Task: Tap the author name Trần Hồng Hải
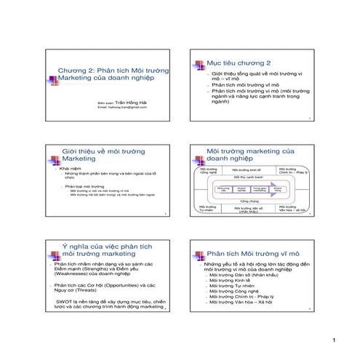pyautogui.click(x=132, y=103)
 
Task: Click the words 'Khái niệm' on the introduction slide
pyautogui.click(x=70, y=167)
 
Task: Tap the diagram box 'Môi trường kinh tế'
pyautogui.click(x=246, y=169)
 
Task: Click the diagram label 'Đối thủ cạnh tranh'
pyautogui.click(x=249, y=177)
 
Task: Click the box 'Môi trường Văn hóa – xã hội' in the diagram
pyautogui.click(x=292, y=209)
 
